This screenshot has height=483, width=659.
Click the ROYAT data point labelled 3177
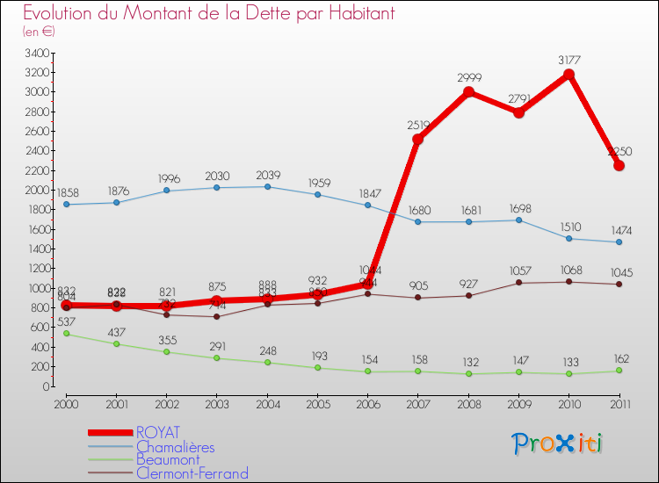(x=569, y=75)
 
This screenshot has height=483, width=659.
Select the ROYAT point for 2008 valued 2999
(x=468, y=92)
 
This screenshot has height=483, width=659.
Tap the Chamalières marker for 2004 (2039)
(x=267, y=186)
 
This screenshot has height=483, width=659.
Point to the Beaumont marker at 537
(x=66, y=334)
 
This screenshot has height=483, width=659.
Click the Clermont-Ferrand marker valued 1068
(x=569, y=282)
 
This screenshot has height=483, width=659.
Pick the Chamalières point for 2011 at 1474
(x=619, y=242)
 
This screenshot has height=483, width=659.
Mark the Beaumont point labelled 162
(x=619, y=371)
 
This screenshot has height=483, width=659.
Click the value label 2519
(x=418, y=126)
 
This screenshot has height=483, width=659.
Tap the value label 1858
(x=68, y=192)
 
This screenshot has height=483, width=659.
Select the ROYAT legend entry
(x=158, y=432)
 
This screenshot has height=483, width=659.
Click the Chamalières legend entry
(x=175, y=446)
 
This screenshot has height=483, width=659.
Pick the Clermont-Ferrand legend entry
(x=192, y=473)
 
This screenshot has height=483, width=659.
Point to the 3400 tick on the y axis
(x=37, y=53)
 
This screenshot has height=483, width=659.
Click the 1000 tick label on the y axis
(x=37, y=289)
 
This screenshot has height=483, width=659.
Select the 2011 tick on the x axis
(x=619, y=404)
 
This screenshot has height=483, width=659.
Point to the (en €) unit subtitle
(x=40, y=31)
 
